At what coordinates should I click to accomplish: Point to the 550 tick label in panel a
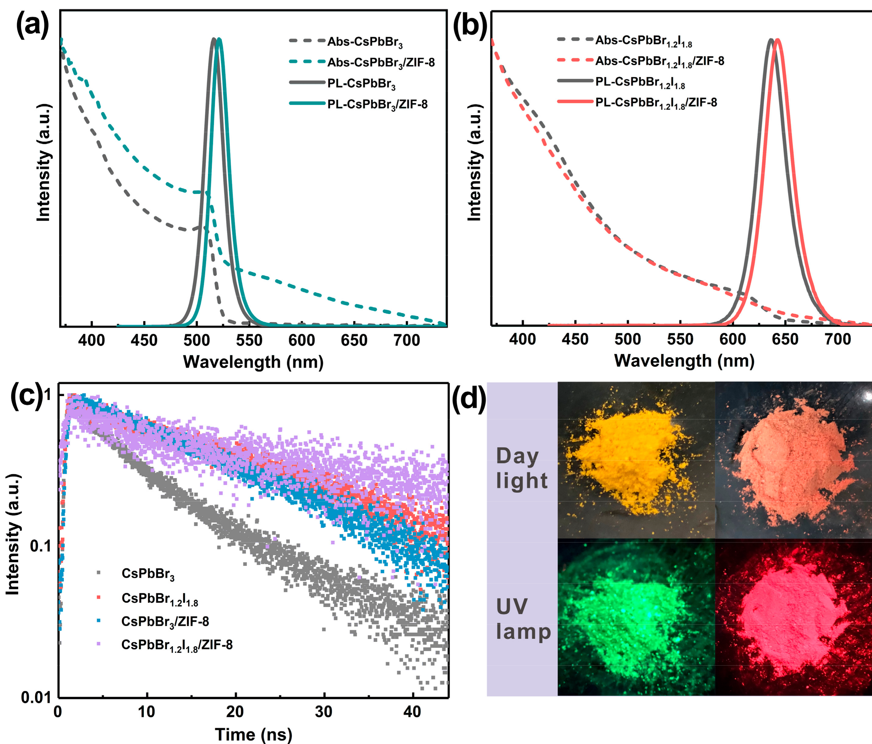[x=249, y=340]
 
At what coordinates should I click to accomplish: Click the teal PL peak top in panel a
[x=219, y=40]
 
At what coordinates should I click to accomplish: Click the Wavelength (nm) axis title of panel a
[x=253, y=362]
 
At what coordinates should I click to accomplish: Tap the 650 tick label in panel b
[x=785, y=339]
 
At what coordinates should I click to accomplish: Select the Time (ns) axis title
[x=253, y=734]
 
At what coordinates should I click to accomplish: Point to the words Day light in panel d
[x=521, y=468]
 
